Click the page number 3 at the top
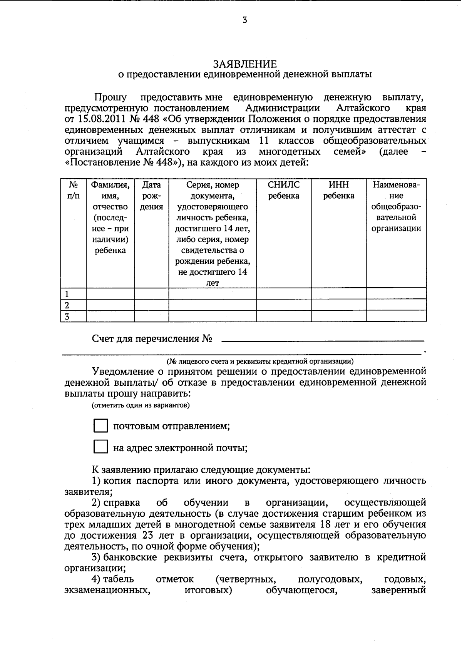(x=245, y=20)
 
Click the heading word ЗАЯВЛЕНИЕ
(x=245, y=64)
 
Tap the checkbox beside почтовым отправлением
(x=100, y=426)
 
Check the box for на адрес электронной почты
(x=100, y=447)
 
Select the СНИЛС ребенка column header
(x=284, y=190)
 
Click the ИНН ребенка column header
(x=338, y=190)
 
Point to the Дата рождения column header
(x=151, y=196)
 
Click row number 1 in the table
(x=67, y=294)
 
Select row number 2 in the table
(x=67, y=305)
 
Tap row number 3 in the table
(x=67, y=316)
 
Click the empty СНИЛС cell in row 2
(x=284, y=305)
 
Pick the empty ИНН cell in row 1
(x=338, y=294)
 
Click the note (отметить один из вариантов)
(x=141, y=405)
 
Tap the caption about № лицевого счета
(x=260, y=361)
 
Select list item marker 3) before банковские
(x=96, y=557)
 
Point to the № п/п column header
(x=73, y=190)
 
